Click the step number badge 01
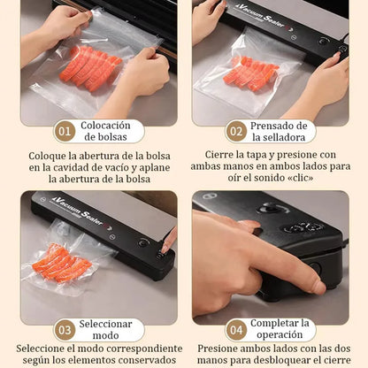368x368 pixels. pos(65,131)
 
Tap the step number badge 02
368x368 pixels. pos(235,131)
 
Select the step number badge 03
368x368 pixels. pos(65,330)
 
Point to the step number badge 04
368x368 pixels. pos(235,330)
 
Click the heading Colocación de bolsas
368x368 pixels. pos(106,131)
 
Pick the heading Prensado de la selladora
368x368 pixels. pos(279,131)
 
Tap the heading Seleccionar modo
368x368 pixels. pos(106,330)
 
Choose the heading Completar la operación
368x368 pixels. pos(280,330)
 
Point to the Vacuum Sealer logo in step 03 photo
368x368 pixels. pos(77,210)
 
